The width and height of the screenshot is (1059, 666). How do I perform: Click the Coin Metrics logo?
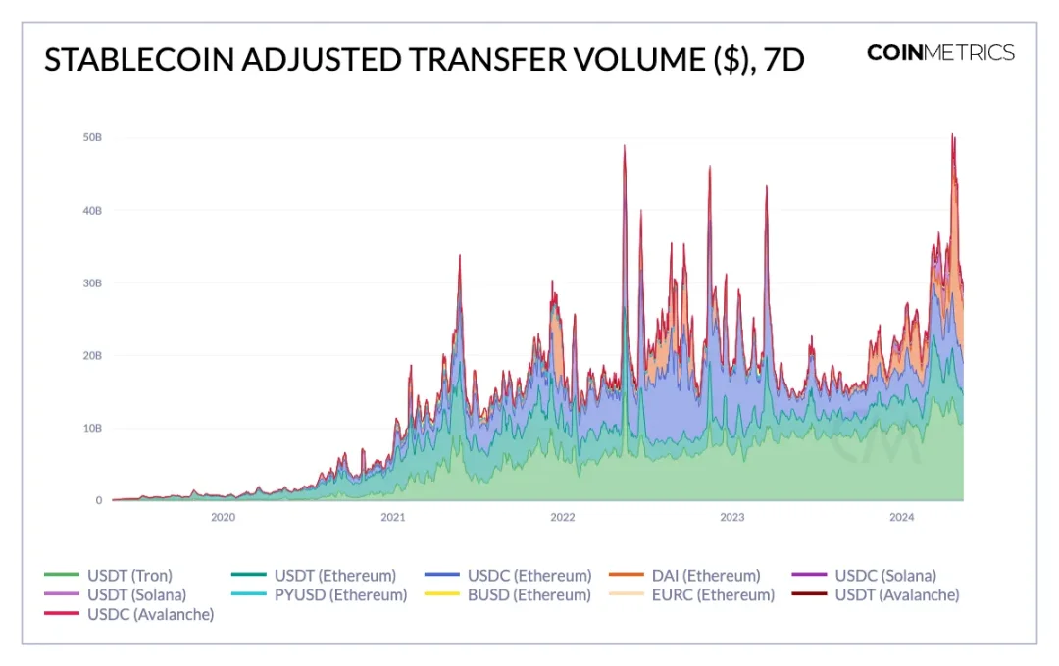point(940,53)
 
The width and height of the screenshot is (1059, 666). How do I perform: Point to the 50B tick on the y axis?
point(91,137)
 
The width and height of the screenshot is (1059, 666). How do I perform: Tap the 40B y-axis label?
point(91,210)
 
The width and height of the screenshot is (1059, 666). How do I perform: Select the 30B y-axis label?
point(91,282)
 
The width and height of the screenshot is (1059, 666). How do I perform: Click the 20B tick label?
point(91,355)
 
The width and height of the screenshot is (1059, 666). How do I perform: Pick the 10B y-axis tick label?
point(91,428)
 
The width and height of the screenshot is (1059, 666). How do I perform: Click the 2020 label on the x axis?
point(223,517)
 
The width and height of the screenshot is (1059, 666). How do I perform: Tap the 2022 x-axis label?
point(562,517)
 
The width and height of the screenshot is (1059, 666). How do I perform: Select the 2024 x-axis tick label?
point(901,517)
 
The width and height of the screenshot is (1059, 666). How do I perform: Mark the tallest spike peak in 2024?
point(952,135)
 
